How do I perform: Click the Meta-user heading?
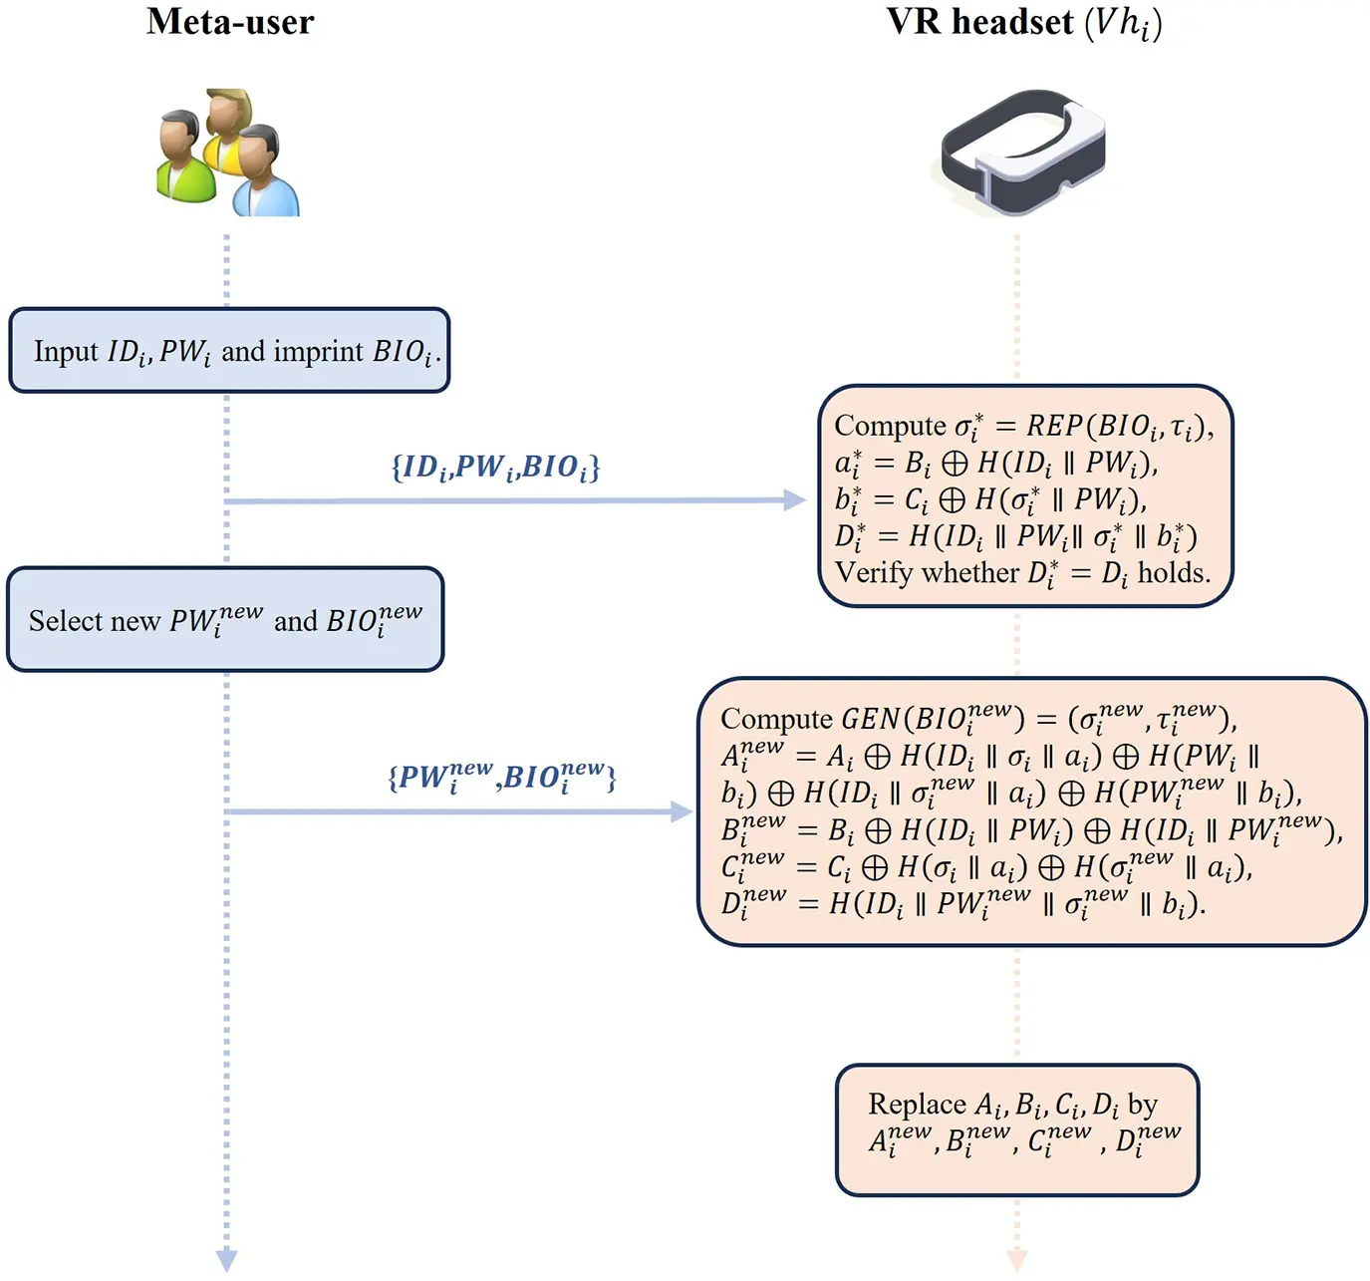230,22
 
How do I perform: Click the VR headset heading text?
980,22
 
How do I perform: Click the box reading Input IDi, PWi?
229,351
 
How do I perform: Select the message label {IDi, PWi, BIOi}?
495,467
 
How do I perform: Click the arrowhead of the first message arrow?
795,500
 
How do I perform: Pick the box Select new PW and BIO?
225,620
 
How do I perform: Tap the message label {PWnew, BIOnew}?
501,776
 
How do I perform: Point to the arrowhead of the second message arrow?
683,812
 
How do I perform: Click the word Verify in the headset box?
875,573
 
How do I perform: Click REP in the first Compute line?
1054,426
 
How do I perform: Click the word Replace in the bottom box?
917,1105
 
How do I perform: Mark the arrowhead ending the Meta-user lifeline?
227,1260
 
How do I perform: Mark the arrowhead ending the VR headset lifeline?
1017,1260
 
